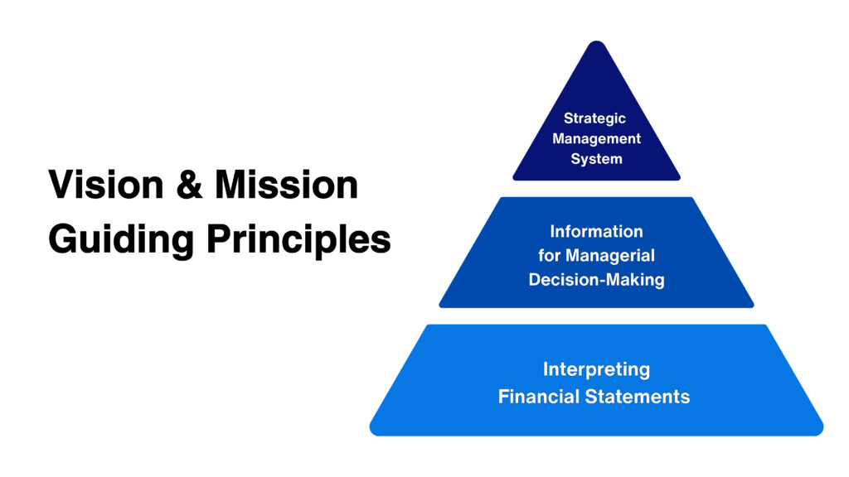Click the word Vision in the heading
106,185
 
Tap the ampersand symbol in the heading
190,185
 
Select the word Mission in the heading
286,185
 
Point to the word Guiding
121,239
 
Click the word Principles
298,239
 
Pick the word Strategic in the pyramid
594,118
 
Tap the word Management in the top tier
596,138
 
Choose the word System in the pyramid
596,159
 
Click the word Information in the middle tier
596,232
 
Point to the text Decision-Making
596,280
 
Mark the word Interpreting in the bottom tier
596,370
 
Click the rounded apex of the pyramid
596,42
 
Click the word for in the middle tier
549,255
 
